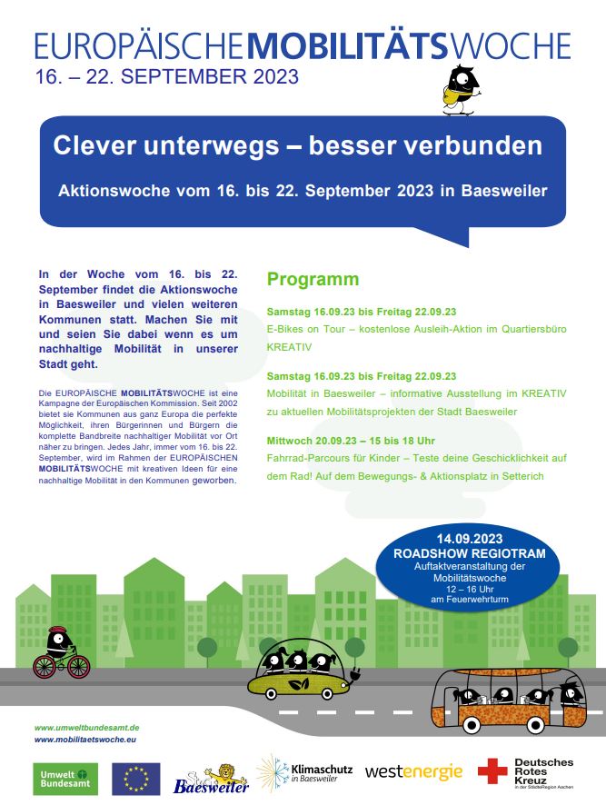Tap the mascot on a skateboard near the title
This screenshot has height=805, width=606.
point(462,90)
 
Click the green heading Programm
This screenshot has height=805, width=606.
point(313,279)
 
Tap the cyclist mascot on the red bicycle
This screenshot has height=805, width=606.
point(62,653)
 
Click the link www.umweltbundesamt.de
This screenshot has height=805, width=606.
point(86,728)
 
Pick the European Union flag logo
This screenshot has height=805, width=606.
point(136,779)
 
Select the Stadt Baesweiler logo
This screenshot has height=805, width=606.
point(198,779)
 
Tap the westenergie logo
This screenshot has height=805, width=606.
point(413,772)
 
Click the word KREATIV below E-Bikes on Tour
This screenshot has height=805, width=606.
point(289,348)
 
